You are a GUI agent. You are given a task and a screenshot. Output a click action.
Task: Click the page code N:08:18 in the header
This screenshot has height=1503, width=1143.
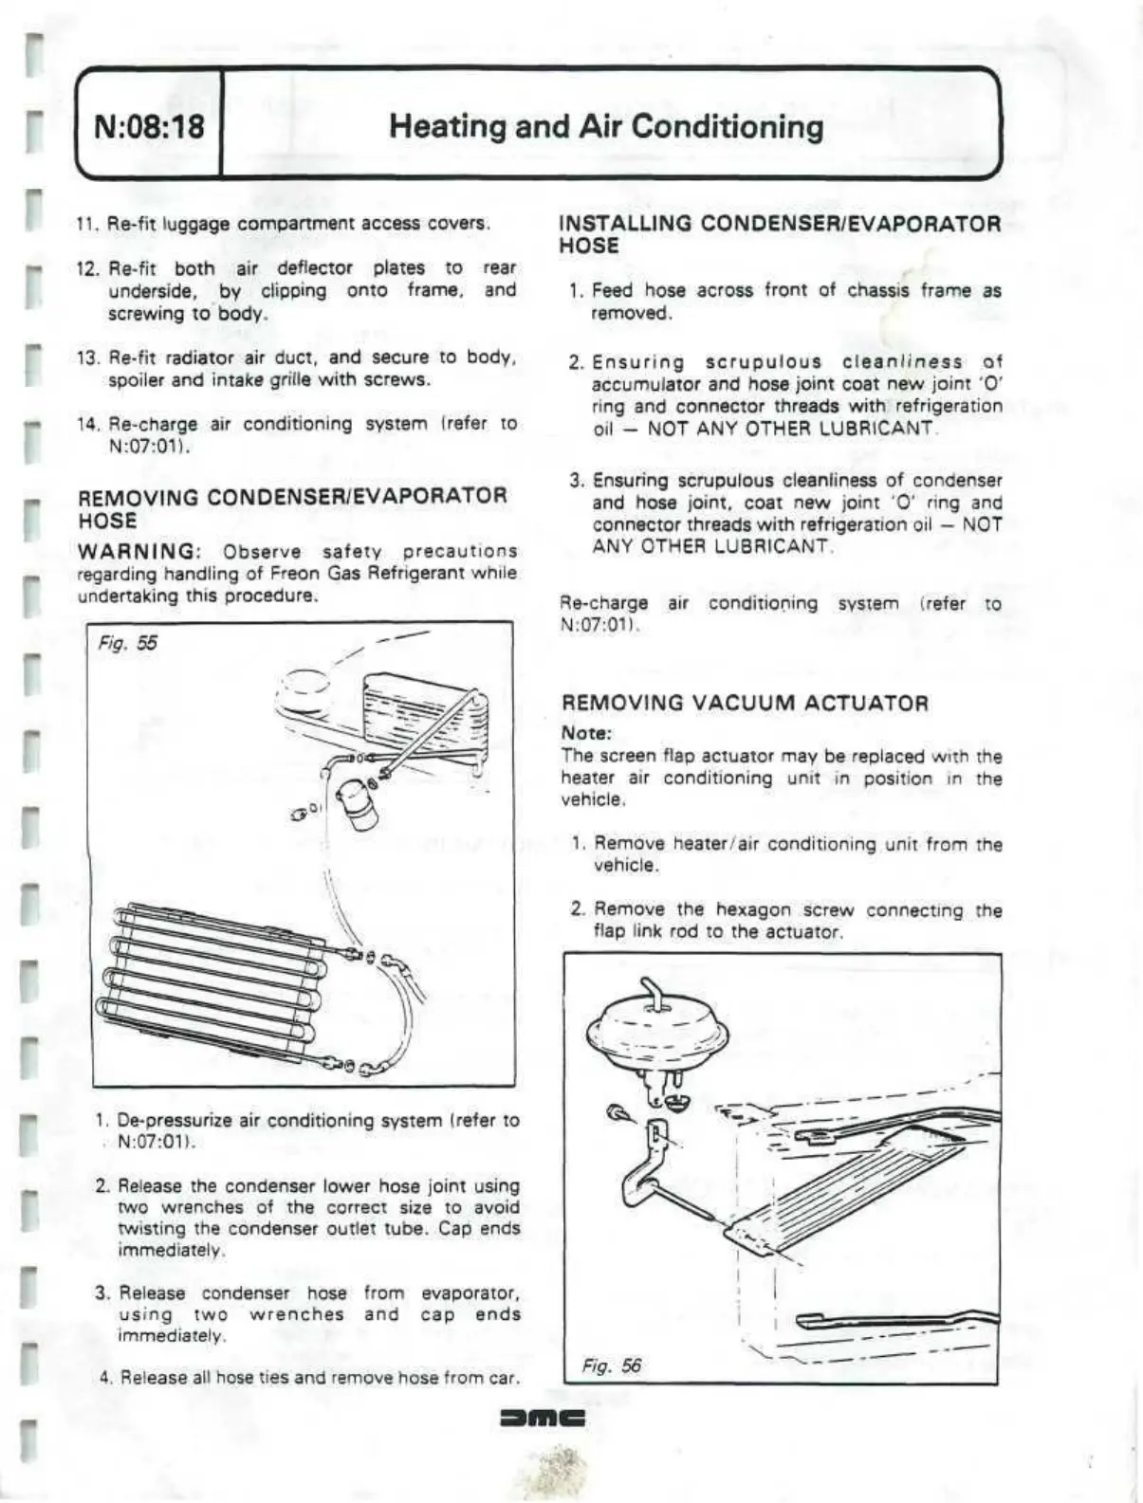pyautogui.click(x=149, y=126)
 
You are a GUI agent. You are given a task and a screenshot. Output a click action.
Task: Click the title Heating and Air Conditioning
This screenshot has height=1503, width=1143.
pyautogui.click(x=605, y=126)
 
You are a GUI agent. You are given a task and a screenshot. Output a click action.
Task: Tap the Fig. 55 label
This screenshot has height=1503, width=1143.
pyautogui.click(x=128, y=643)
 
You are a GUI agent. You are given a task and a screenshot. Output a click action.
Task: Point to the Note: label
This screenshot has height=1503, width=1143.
pyautogui.click(x=586, y=733)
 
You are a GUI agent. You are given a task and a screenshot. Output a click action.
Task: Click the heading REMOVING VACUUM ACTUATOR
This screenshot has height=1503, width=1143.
pyautogui.click(x=745, y=703)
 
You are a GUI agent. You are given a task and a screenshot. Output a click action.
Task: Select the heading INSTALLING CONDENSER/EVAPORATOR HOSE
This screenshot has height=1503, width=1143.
pyautogui.click(x=780, y=234)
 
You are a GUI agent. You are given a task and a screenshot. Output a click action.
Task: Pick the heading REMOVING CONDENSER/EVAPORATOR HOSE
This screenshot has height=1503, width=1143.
pyautogui.click(x=292, y=507)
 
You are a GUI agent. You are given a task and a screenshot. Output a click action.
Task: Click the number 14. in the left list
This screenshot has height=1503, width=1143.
pyautogui.click(x=89, y=425)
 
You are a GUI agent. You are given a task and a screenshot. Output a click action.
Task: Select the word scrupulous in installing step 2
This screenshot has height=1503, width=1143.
pyautogui.click(x=763, y=362)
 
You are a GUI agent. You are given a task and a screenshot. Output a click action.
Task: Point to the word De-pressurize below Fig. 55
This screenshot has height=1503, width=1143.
pyautogui.click(x=175, y=1121)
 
